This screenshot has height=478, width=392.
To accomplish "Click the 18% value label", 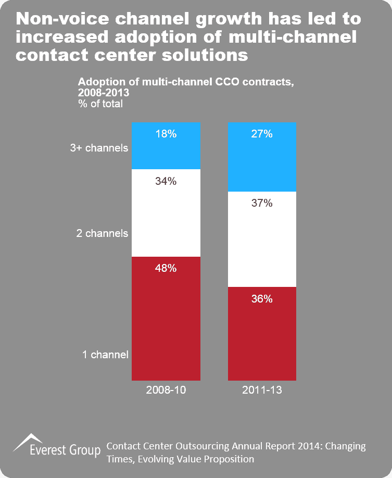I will [166, 134].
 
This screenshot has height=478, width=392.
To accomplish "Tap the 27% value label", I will [262, 134].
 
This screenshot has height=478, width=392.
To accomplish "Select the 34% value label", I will [166, 181].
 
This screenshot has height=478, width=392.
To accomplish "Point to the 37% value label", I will [262, 204].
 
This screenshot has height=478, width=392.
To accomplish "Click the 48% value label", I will [166, 269].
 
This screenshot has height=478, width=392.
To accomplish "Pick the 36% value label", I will [262, 299].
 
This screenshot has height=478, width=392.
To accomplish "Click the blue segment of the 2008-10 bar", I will [166, 154].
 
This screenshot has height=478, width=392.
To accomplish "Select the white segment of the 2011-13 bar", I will [262, 245].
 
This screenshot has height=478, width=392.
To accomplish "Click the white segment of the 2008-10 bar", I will [166, 219].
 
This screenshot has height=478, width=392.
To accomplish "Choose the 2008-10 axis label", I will [166, 389].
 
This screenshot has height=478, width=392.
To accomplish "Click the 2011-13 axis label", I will [262, 389].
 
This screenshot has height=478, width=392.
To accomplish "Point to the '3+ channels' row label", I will [99, 148].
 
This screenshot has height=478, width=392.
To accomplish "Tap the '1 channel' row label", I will [105, 355].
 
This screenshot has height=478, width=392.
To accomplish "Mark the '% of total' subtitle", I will [100, 104].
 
